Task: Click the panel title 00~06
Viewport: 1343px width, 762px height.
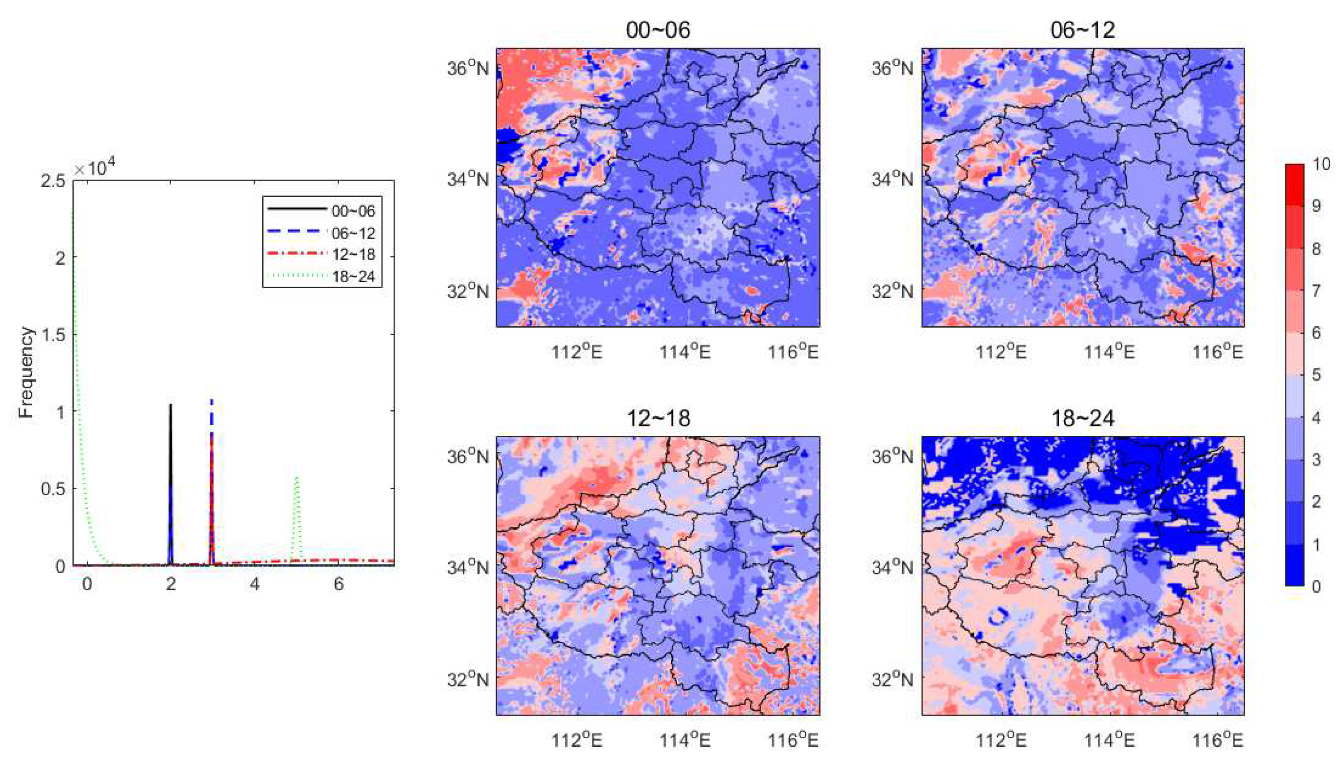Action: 658,30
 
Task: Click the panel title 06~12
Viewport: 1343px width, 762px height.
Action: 1082,30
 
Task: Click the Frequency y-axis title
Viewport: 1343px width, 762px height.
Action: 26,372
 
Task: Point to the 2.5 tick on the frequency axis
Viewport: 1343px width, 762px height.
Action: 54,181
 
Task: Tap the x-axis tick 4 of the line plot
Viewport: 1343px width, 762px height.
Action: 254,584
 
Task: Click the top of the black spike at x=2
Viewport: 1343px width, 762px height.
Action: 170,405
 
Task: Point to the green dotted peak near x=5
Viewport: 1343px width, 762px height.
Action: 297,478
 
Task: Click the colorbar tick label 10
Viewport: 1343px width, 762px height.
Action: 1321,164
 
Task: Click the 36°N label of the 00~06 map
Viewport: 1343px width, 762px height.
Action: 467,68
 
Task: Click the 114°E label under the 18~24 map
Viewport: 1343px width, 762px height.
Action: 1108,740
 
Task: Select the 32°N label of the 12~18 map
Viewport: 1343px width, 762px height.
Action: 467,679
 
